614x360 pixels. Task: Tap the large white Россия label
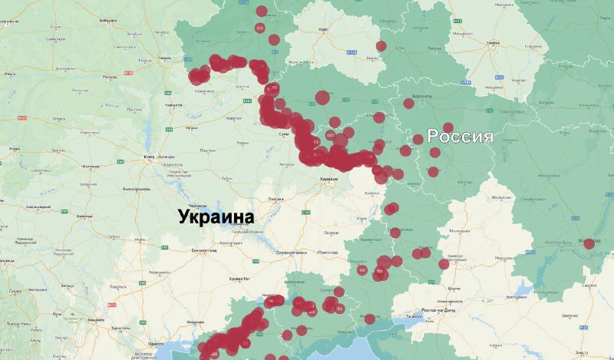click(x=459, y=137)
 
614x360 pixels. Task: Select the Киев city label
click(x=149, y=157)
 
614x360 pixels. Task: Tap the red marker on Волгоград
click(x=589, y=244)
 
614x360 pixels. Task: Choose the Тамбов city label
click(x=493, y=43)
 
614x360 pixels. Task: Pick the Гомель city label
click(x=164, y=58)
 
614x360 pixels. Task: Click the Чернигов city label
click(x=175, y=104)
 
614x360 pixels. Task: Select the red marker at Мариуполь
click(x=370, y=319)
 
